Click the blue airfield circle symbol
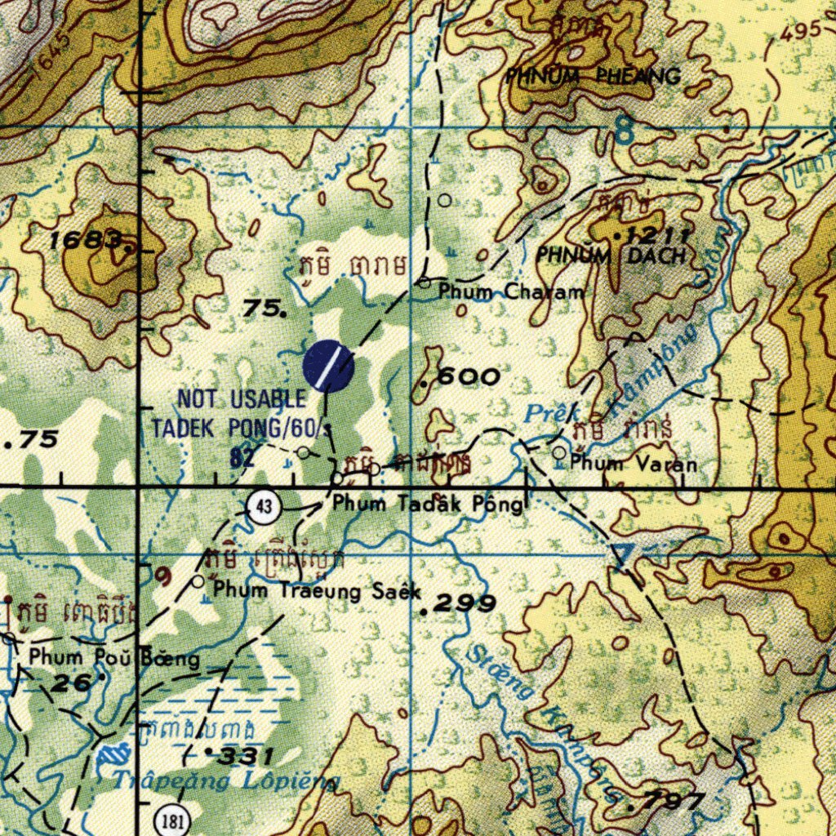tap(328, 366)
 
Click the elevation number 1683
tap(86, 240)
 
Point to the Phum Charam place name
tap(511, 291)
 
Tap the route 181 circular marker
tap(171, 820)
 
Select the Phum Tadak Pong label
tap(427, 505)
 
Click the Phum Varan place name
tap(634, 465)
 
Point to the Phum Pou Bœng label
tap(113, 656)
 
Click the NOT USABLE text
tap(242, 400)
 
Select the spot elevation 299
tap(463, 604)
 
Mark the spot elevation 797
tap(672, 803)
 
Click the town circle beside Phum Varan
tap(559, 452)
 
